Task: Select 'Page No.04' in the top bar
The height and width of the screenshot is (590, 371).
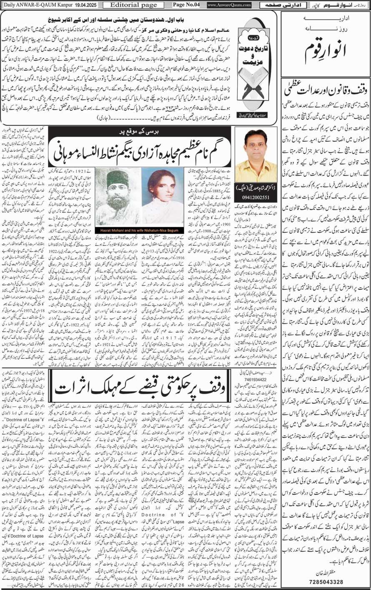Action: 186,5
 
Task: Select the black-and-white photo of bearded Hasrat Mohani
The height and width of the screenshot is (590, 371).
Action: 117,192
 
